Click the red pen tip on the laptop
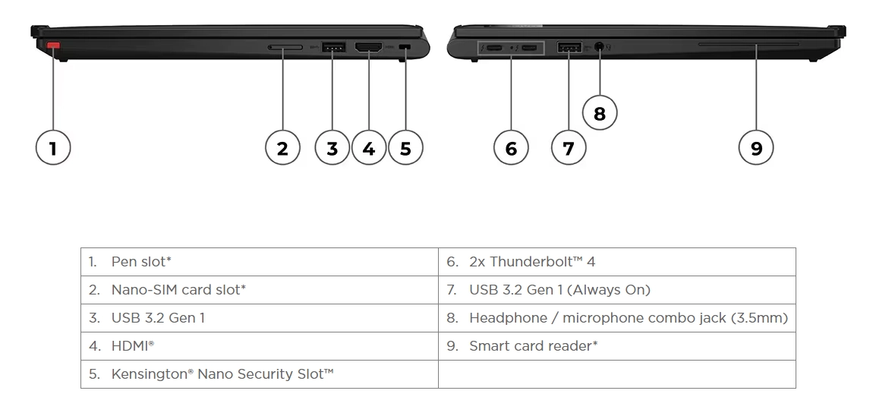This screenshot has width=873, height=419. point(53,45)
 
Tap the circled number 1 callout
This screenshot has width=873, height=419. point(53,148)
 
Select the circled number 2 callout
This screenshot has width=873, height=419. point(282,148)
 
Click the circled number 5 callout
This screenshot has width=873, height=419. point(405,148)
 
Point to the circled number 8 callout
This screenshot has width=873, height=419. point(599,113)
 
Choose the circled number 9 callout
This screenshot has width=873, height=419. point(755,148)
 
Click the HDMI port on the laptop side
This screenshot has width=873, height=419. point(368,47)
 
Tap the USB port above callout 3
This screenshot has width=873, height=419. point(333,47)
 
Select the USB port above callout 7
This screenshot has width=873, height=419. point(569,47)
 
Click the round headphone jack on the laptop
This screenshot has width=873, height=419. point(599,47)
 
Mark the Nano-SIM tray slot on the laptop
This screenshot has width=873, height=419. point(285,47)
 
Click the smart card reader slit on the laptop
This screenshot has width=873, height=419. point(749,44)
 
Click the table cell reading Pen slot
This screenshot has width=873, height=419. point(260,262)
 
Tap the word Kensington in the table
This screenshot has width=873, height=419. point(147,374)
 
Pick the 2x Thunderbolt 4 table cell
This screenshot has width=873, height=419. point(617,262)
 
